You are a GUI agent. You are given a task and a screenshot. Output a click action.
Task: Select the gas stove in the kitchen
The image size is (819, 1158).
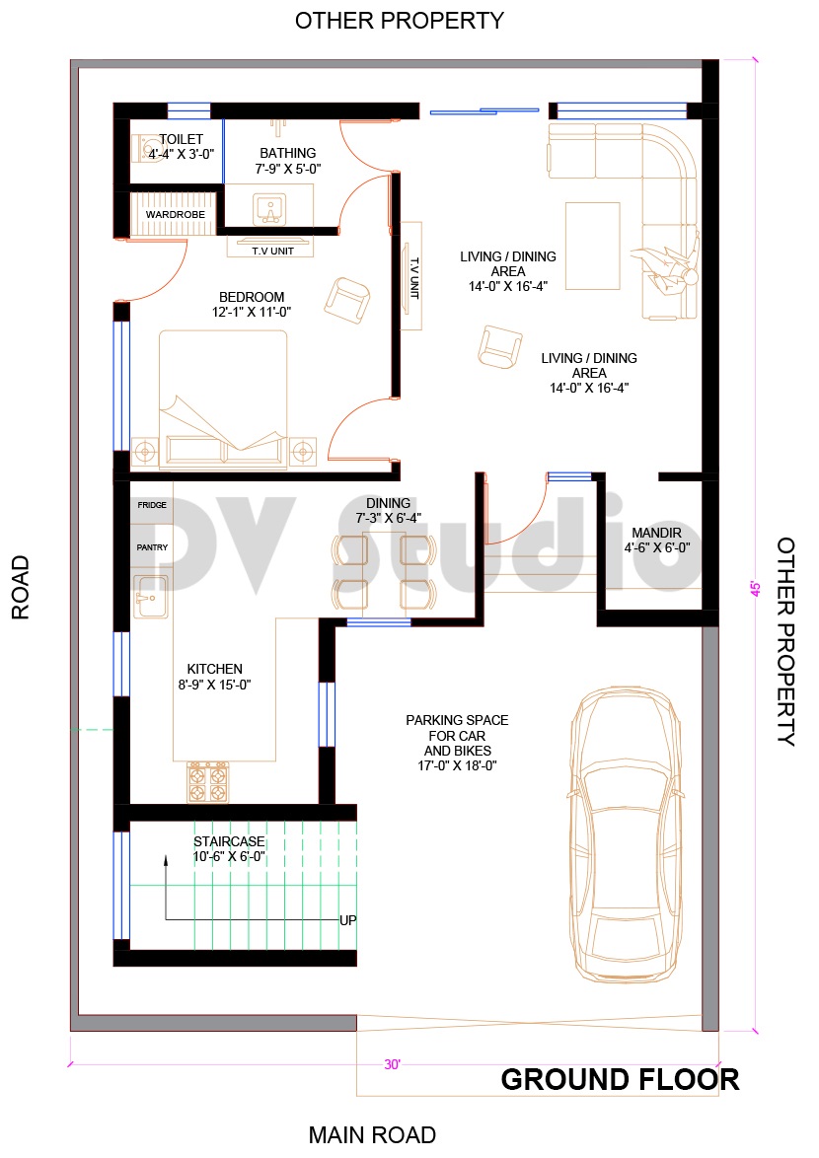click(x=208, y=781)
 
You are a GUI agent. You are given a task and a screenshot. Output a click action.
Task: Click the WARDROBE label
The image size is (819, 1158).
click(x=176, y=214)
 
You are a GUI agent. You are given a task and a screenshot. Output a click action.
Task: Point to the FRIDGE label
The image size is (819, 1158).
click(x=152, y=505)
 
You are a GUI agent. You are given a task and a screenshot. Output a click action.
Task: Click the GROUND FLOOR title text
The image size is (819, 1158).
click(x=620, y=1079)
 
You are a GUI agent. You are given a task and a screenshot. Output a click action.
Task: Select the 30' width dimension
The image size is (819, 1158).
click(x=393, y=1064)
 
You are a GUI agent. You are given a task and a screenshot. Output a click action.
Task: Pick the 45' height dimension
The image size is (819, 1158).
click(x=756, y=588)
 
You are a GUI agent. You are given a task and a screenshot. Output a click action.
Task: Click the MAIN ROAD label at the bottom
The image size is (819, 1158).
click(x=372, y=1135)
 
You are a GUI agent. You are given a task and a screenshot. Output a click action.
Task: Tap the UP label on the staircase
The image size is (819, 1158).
click(x=347, y=920)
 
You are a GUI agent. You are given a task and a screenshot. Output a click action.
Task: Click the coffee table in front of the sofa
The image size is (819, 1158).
click(x=592, y=245)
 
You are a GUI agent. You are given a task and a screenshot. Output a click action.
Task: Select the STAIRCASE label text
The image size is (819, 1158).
click(x=229, y=841)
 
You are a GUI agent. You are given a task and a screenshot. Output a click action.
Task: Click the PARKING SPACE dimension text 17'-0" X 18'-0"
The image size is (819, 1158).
click(x=456, y=764)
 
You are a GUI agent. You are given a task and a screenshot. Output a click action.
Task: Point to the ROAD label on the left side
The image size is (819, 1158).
click(x=21, y=587)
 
